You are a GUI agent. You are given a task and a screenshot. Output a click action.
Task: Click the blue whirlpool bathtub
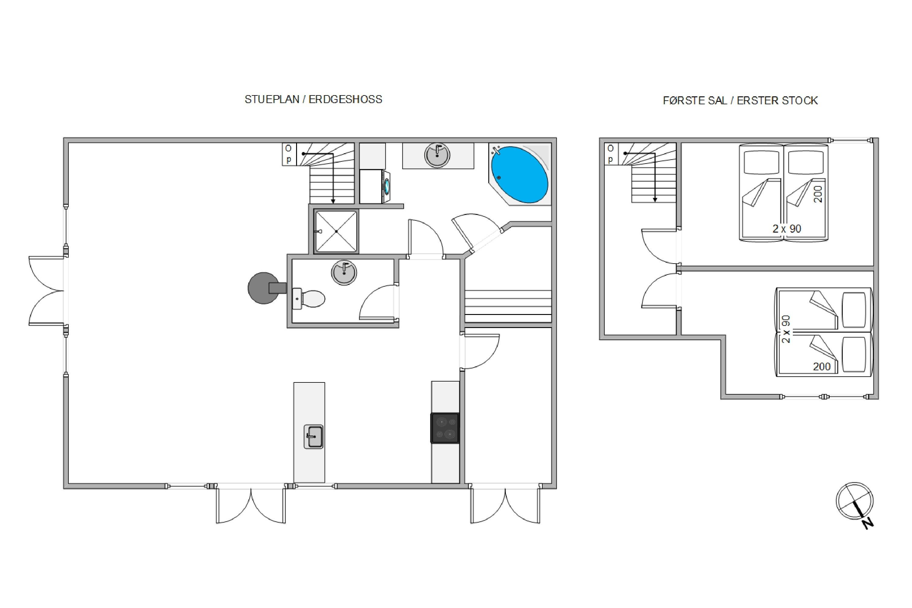coord(519,174)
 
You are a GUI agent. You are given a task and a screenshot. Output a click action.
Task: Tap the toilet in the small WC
coord(309,299)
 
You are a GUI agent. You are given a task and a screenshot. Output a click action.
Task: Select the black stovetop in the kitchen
coord(445,428)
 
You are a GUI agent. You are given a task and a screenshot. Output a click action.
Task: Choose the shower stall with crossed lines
coord(336,231)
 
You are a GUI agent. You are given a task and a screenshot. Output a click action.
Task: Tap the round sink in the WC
coord(344,273)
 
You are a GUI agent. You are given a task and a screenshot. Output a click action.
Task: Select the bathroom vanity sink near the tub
coord(437,155)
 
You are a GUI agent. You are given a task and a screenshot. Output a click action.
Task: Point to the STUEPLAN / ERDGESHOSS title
coord(313,99)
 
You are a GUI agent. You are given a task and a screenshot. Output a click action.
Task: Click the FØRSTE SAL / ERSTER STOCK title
coord(740,101)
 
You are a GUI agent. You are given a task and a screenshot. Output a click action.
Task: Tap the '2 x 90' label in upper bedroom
coord(787,229)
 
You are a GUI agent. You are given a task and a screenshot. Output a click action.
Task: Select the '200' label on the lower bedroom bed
coord(822,366)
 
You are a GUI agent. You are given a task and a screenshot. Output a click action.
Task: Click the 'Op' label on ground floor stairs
coord(288,154)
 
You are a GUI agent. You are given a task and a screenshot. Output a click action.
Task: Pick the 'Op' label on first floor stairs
coord(610,154)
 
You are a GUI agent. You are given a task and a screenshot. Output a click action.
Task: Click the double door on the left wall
coord(47,290)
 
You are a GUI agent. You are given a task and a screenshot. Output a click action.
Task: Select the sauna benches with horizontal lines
coord(508,306)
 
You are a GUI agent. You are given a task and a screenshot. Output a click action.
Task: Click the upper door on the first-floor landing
coord(659,246)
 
